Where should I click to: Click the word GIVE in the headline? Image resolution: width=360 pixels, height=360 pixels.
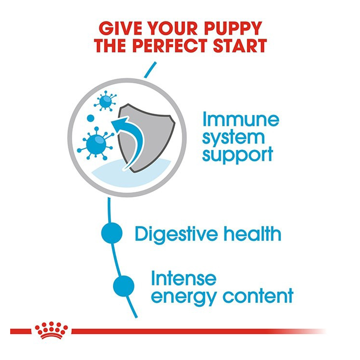(x=120, y=28)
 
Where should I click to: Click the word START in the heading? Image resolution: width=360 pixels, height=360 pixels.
(x=240, y=46)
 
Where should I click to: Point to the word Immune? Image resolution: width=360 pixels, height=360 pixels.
(x=240, y=119)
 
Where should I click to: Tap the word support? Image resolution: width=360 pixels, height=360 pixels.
(x=237, y=156)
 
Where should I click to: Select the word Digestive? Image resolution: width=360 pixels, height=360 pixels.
(x=176, y=234)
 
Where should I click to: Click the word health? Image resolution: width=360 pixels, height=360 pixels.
(x=252, y=234)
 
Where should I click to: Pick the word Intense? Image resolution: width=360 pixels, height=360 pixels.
(x=184, y=279)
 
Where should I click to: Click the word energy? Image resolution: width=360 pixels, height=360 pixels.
(x=184, y=297)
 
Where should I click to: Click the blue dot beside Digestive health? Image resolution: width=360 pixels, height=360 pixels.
(x=112, y=233)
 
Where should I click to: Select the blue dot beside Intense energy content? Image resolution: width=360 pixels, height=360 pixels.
(x=124, y=286)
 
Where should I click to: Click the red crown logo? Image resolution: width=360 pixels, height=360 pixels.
(x=51, y=330)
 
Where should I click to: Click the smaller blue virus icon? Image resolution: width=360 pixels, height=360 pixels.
(x=105, y=101)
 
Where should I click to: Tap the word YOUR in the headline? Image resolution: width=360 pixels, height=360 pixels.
(x=173, y=28)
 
